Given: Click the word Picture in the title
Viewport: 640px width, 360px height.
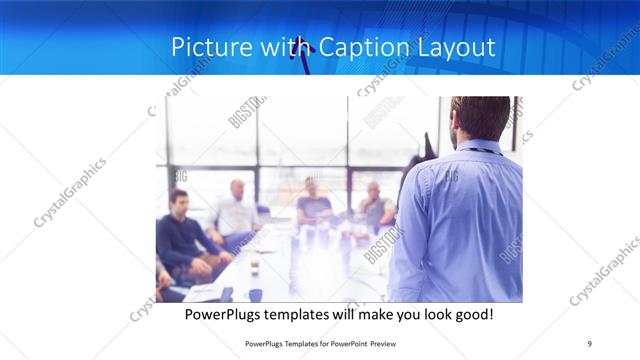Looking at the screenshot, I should pyautogui.click(x=203, y=48).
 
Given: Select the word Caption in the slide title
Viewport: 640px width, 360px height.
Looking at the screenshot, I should pyautogui.click(x=358, y=48).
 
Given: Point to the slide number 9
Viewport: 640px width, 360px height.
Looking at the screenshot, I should pyautogui.click(x=589, y=344).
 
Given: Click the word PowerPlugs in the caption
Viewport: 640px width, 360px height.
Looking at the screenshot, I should pyautogui.click(x=230, y=314).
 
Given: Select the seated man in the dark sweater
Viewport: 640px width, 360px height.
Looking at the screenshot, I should pyautogui.click(x=180, y=235).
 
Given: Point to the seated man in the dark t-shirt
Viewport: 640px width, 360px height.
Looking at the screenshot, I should pyautogui.click(x=314, y=205).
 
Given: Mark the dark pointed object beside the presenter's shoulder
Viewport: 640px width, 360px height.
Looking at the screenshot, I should pyautogui.click(x=430, y=147).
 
